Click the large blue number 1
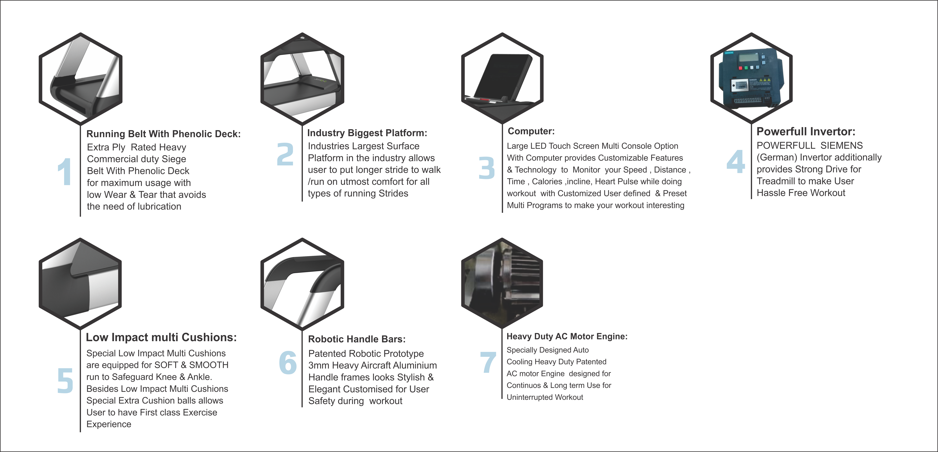pyautogui.click(x=65, y=171)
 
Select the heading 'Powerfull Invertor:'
pyautogui.click(x=806, y=131)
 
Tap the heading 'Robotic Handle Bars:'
pyautogui.click(x=357, y=339)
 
